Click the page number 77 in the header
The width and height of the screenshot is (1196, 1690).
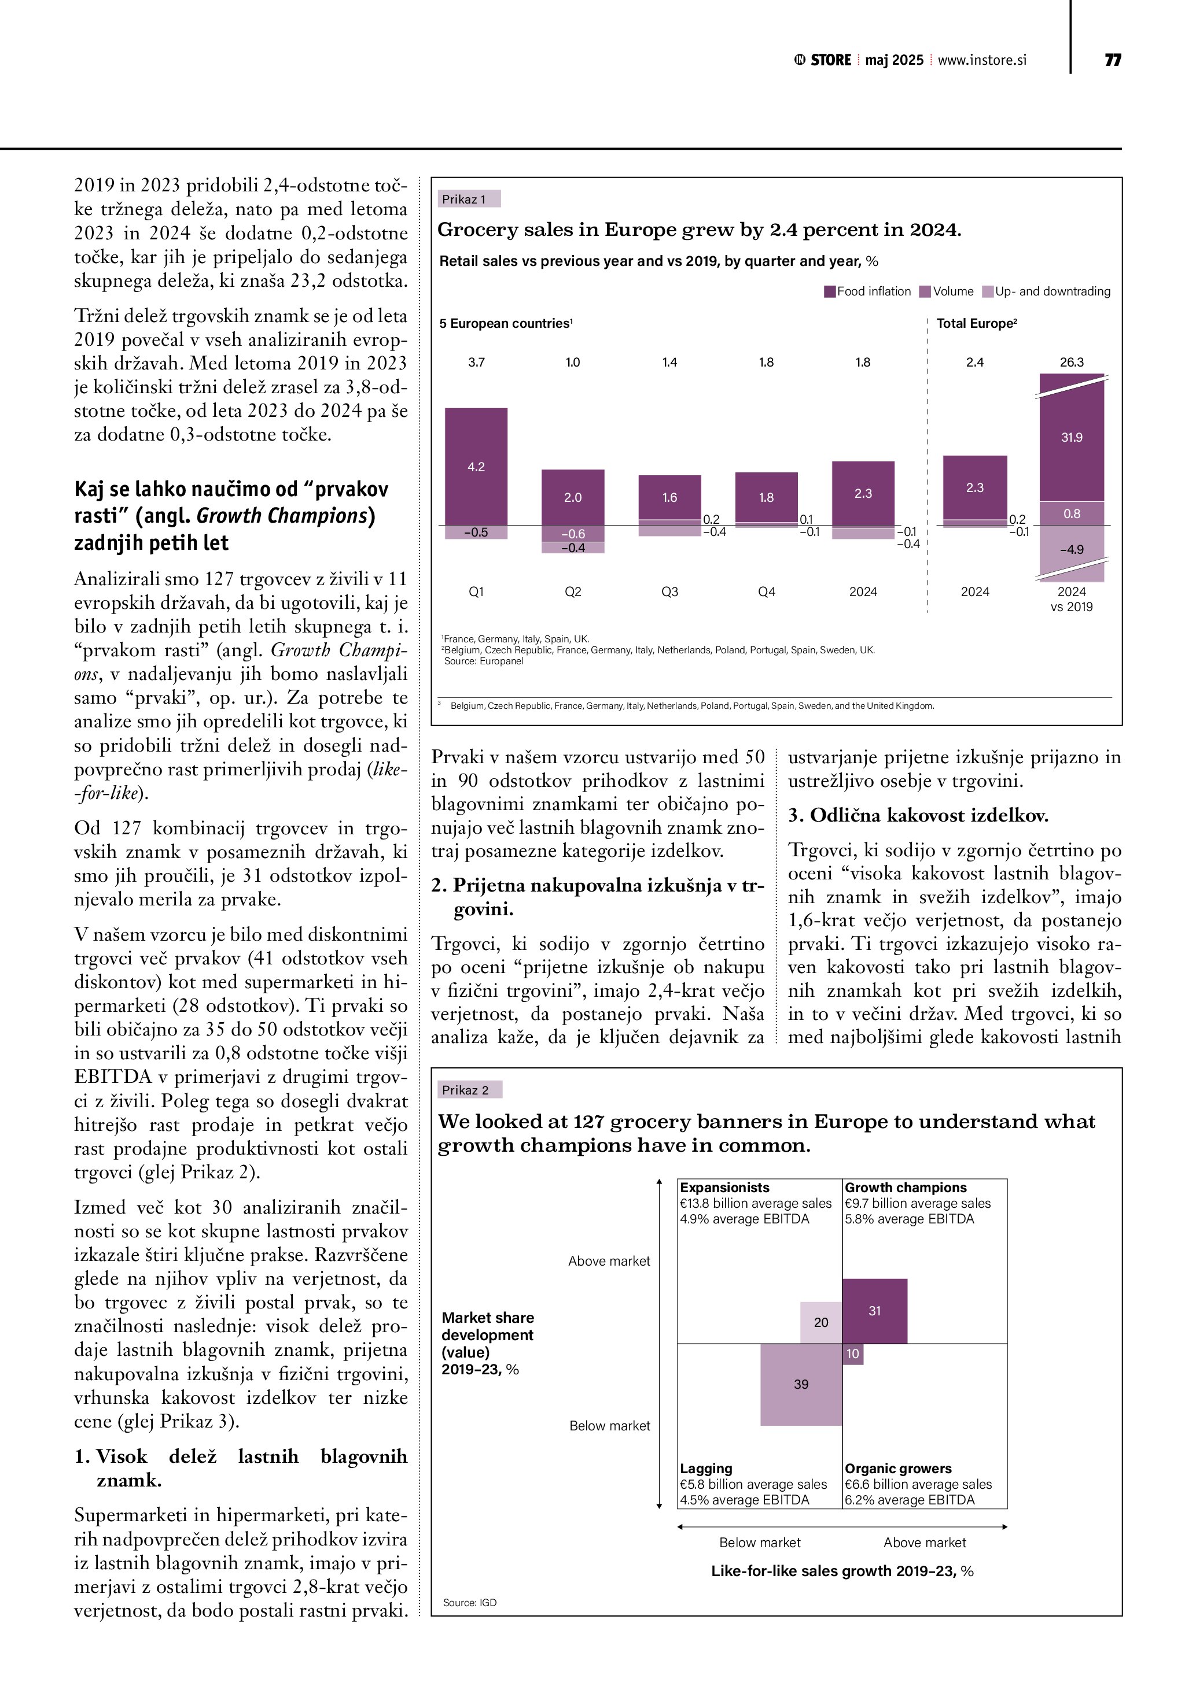click(x=1112, y=60)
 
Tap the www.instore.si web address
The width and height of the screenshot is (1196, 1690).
click(x=982, y=60)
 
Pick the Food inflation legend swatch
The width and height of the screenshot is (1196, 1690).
click(x=829, y=291)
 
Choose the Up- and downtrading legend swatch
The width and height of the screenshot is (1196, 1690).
click(x=988, y=291)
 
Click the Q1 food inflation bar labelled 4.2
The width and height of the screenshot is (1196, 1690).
click(x=476, y=466)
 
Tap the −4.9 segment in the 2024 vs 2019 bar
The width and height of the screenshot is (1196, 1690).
click(x=1071, y=549)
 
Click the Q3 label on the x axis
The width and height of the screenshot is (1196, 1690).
click(x=669, y=592)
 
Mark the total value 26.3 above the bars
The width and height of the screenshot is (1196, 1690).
click(x=1071, y=362)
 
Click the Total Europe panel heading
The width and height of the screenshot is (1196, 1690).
click(x=976, y=323)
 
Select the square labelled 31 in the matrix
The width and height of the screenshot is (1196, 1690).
click(x=874, y=1311)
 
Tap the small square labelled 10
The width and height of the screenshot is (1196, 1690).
click(x=852, y=1354)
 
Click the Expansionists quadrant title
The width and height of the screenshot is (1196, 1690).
click(x=724, y=1187)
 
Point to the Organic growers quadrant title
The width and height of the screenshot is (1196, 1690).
click(x=898, y=1469)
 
